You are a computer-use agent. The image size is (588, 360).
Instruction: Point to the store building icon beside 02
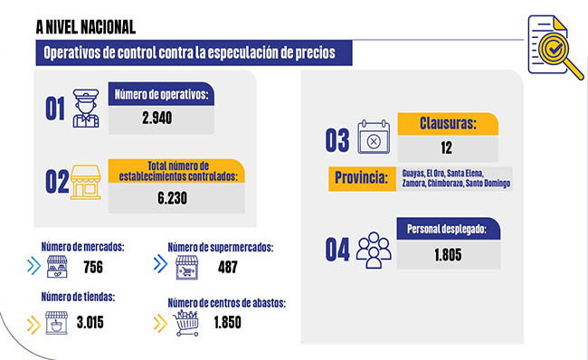[86, 181]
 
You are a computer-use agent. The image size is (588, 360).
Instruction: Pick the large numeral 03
[337, 140]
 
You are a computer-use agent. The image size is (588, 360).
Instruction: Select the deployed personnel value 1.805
[447, 255]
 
